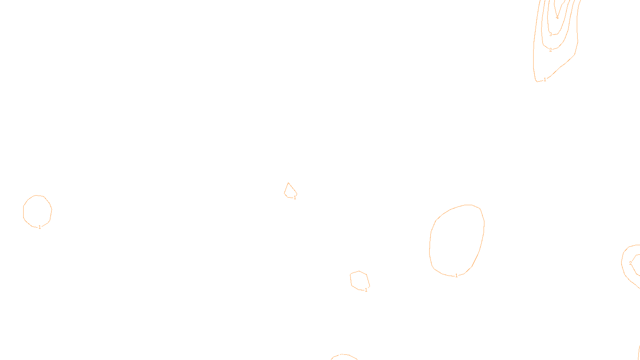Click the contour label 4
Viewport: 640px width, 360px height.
[557, 17]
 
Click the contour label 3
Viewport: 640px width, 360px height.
[550, 34]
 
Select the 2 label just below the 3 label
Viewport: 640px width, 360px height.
[550, 50]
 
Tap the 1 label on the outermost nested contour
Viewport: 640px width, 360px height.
[545, 80]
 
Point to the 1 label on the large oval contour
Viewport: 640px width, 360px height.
[456, 276]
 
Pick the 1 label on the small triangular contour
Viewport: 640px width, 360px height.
[295, 198]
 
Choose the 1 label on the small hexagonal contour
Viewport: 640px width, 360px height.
[366, 290]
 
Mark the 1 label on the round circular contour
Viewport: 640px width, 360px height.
[40, 227]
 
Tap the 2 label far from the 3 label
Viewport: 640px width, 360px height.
[631, 263]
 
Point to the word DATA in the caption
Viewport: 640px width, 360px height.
[338, 354]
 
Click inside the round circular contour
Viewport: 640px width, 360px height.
[37, 211]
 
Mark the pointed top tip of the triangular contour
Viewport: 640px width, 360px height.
[288, 183]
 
